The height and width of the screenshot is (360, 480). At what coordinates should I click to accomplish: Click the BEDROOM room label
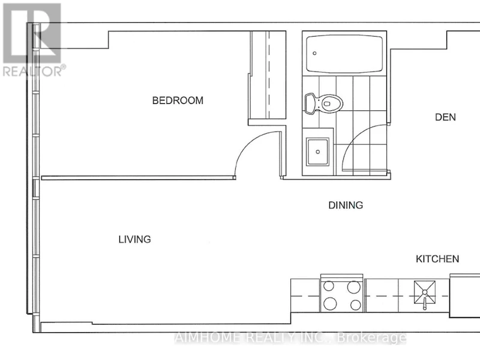click(x=178, y=100)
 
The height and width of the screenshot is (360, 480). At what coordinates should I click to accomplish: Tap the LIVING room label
click(x=134, y=239)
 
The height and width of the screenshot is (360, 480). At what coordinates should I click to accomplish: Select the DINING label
click(x=346, y=205)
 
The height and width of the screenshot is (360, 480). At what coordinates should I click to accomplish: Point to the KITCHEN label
click(x=437, y=259)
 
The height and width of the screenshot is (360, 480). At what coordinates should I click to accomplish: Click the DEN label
click(x=445, y=117)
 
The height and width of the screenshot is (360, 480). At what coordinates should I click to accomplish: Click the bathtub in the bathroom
click(x=344, y=54)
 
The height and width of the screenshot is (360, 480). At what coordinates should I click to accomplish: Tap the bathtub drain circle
click(x=314, y=53)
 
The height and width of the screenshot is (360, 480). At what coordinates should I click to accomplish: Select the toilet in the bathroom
click(x=324, y=103)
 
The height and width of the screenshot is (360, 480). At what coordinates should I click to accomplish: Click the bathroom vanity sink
click(x=318, y=152)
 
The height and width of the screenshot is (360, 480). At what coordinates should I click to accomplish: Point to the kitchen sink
click(x=425, y=293)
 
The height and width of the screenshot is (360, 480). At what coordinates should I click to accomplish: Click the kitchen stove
click(x=342, y=295)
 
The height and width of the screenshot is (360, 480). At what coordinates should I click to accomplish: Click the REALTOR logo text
click(x=34, y=71)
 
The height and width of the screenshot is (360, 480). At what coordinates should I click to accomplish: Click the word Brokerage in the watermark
click(x=371, y=338)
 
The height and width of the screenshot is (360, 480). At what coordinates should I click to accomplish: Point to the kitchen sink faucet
click(x=425, y=301)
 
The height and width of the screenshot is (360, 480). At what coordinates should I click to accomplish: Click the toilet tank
click(x=310, y=104)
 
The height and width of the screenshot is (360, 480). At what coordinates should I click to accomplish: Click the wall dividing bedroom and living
click(x=139, y=178)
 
